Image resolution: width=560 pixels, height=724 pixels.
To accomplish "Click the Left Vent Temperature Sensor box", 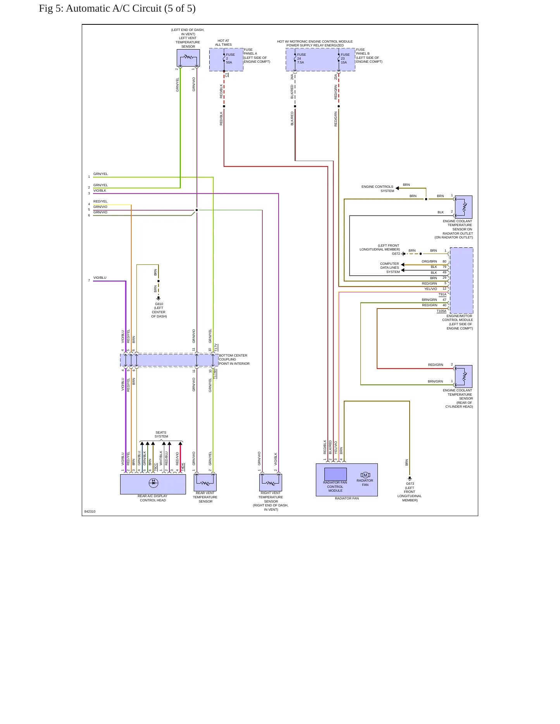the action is click(188, 58).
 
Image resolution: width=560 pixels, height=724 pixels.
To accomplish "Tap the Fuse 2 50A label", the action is click(231, 58).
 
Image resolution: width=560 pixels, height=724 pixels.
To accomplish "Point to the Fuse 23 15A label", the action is click(345, 58).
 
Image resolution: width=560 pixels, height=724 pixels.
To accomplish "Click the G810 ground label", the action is click(159, 310).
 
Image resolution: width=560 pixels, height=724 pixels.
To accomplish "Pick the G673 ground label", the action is click(410, 492).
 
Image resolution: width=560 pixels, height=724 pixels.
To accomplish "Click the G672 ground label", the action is click(396, 254).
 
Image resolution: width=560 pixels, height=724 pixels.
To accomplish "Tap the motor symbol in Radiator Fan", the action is click(365, 475).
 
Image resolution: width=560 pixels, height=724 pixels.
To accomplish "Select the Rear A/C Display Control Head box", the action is click(153, 484).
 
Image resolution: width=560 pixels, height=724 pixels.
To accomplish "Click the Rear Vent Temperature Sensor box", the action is click(205, 482).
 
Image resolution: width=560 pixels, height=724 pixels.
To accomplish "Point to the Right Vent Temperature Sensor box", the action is click(271, 482).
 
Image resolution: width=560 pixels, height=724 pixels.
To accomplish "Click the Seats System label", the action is click(161, 434).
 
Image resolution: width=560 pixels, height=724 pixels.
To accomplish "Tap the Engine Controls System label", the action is click(378, 189).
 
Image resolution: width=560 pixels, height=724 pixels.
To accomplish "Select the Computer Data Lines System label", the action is click(389, 268).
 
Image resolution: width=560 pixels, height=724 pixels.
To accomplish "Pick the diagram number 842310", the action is click(90, 511).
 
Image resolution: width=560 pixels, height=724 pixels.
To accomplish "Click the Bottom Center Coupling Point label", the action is click(234, 359).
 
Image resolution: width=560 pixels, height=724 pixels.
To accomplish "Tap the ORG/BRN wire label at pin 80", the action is click(429, 261).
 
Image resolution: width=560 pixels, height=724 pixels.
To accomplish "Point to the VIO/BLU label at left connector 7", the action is click(100, 278).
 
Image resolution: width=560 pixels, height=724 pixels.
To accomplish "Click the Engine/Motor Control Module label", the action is click(458, 322).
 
